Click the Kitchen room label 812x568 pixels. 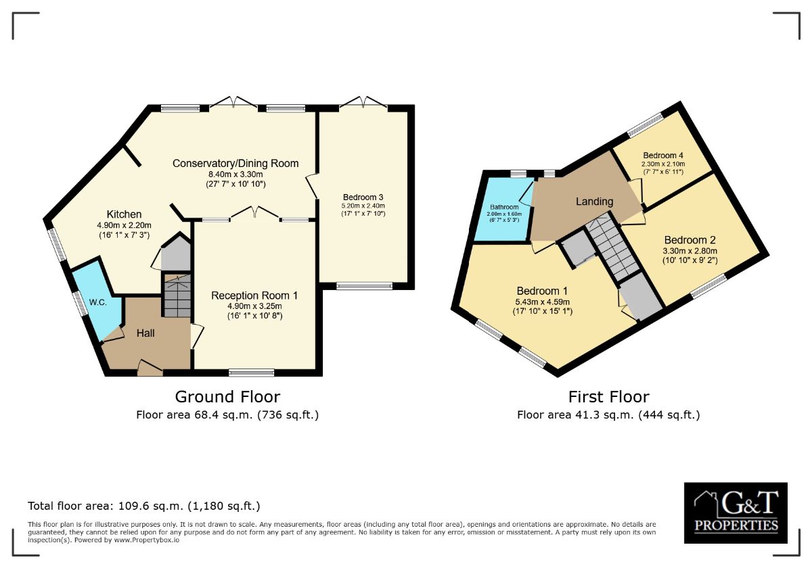pos(124,214)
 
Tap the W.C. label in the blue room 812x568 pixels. pos(97,302)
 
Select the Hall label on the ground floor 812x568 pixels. pos(145,333)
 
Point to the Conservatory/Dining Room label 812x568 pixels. pos(235,164)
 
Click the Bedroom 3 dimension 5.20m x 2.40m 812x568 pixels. pos(363,206)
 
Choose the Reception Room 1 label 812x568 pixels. pos(254,295)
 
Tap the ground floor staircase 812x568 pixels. pos(177,296)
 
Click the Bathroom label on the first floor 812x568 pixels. pos(504,207)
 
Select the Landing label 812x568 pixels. pos(595,202)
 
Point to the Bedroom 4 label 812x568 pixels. pos(663,156)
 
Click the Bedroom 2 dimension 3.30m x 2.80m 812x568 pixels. pos(690,251)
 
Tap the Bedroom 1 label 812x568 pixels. pos(542,291)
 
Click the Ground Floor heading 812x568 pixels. pos(227,397)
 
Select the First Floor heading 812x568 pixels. pos(608,397)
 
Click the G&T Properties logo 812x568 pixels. pos(736,513)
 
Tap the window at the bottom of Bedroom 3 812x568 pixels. pos(364,286)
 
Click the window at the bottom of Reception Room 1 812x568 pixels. pos(252,373)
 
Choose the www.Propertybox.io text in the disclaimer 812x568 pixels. pos(147,540)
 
